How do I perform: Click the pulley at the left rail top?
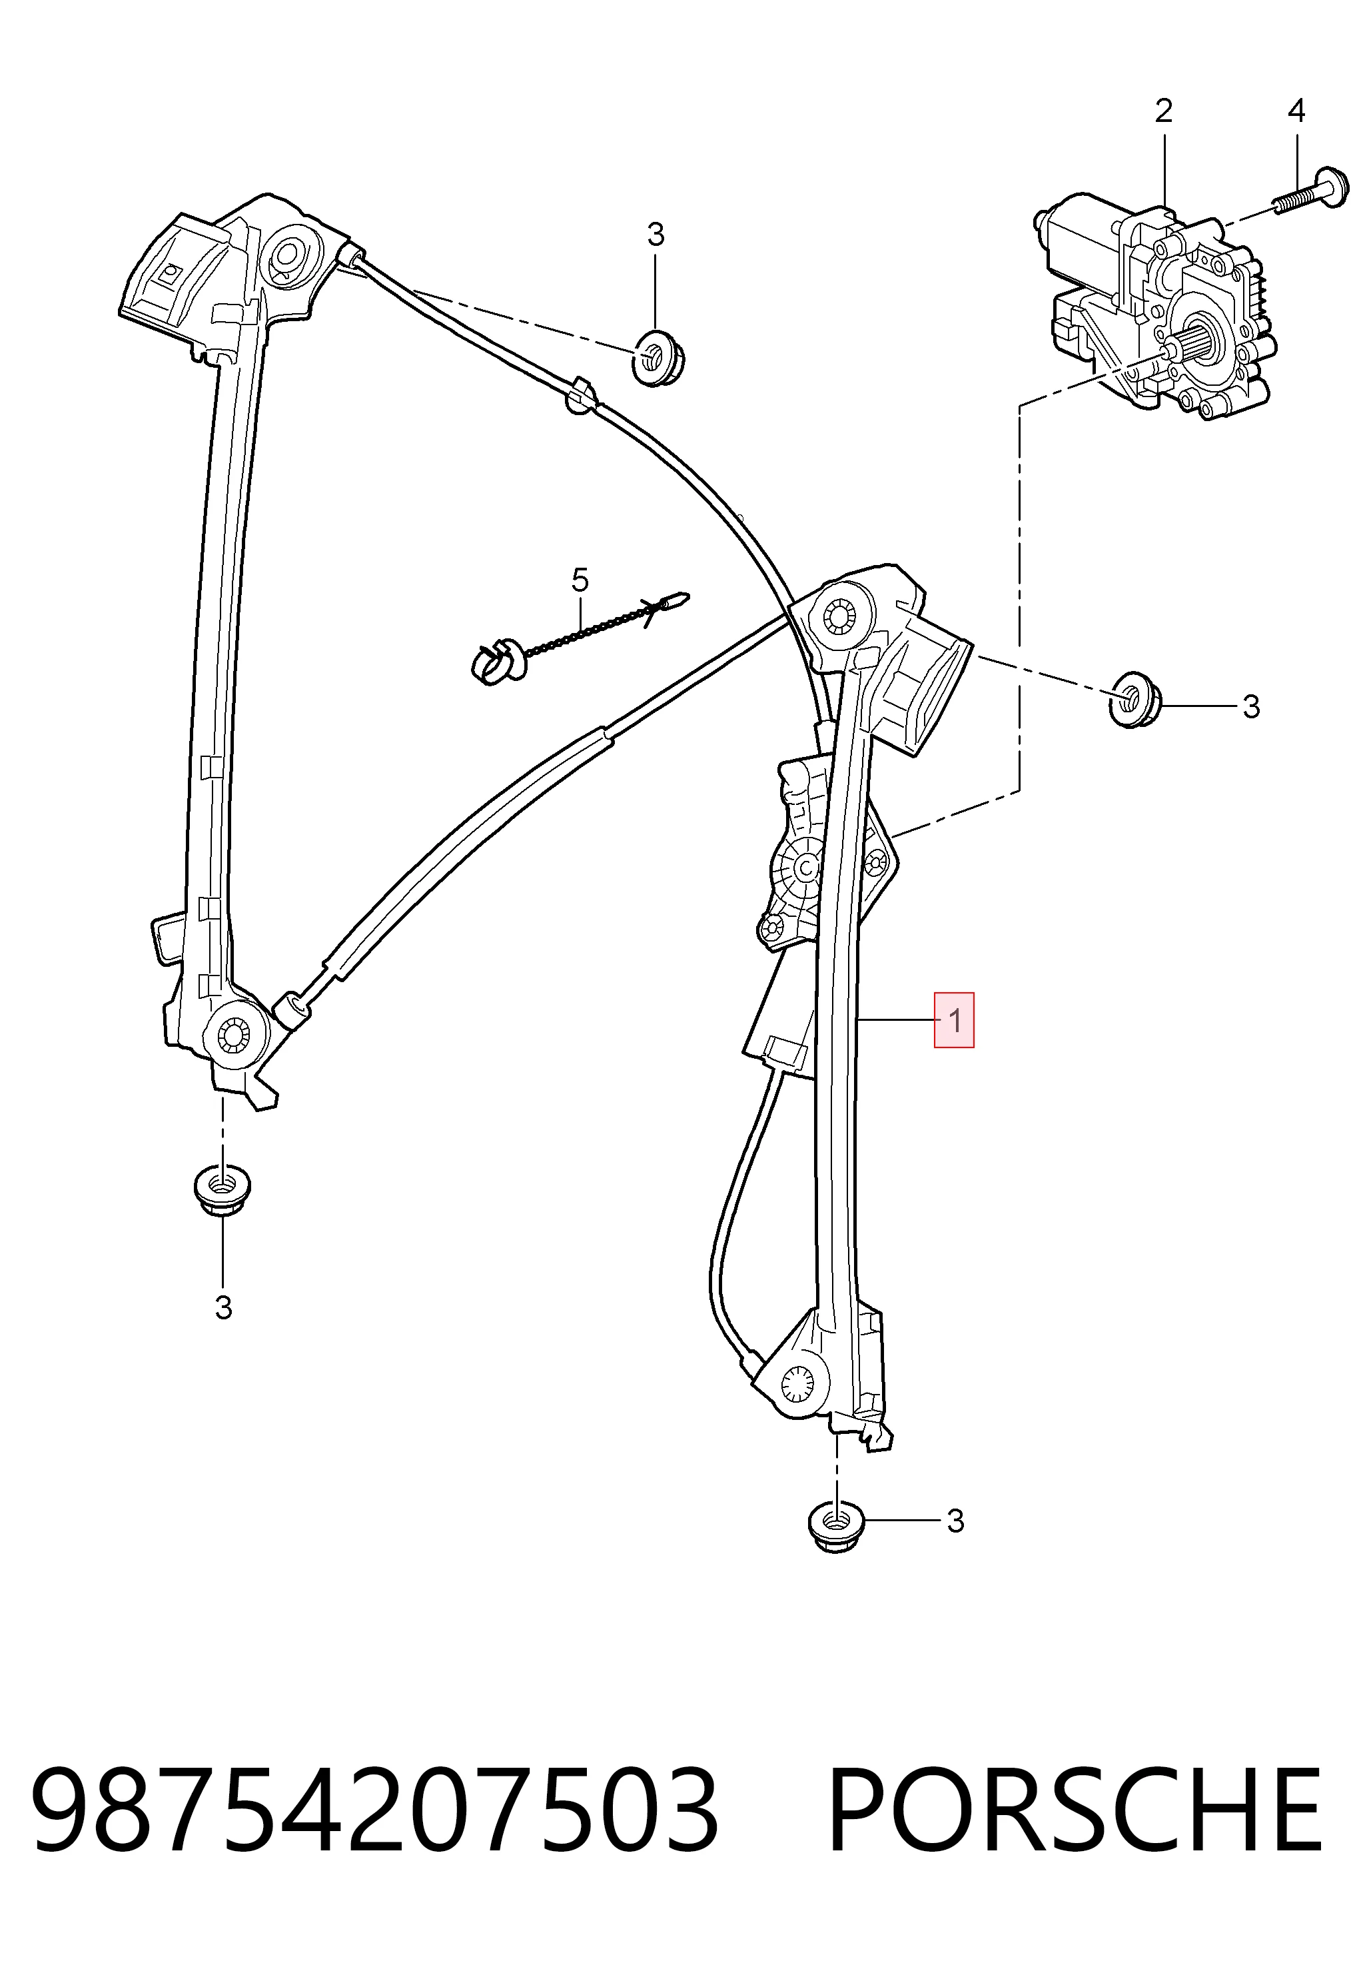[x=288, y=255]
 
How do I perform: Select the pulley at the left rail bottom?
[x=230, y=1035]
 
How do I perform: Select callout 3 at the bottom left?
[x=223, y=1308]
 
